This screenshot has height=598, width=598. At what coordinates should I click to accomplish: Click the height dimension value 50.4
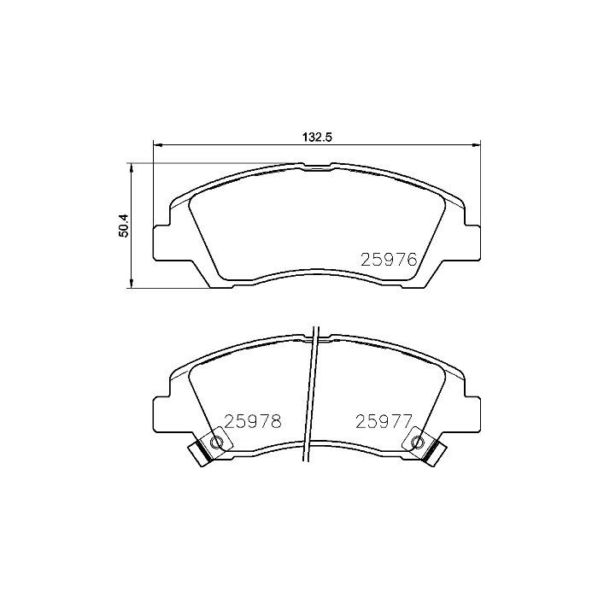pyautogui.click(x=124, y=226)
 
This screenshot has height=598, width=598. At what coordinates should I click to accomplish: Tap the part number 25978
pyautogui.click(x=253, y=420)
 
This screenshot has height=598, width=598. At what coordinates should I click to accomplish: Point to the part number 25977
pyautogui.click(x=384, y=420)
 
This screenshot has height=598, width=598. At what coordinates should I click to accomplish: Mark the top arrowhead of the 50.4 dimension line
pyautogui.click(x=131, y=167)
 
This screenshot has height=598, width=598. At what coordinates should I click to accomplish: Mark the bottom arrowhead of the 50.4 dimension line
pyautogui.click(x=131, y=286)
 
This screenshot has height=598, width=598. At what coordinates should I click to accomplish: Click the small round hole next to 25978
pyautogui.click(x=217, y=442)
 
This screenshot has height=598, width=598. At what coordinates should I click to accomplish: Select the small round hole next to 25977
pyautogui.click(x=418, y=442)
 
